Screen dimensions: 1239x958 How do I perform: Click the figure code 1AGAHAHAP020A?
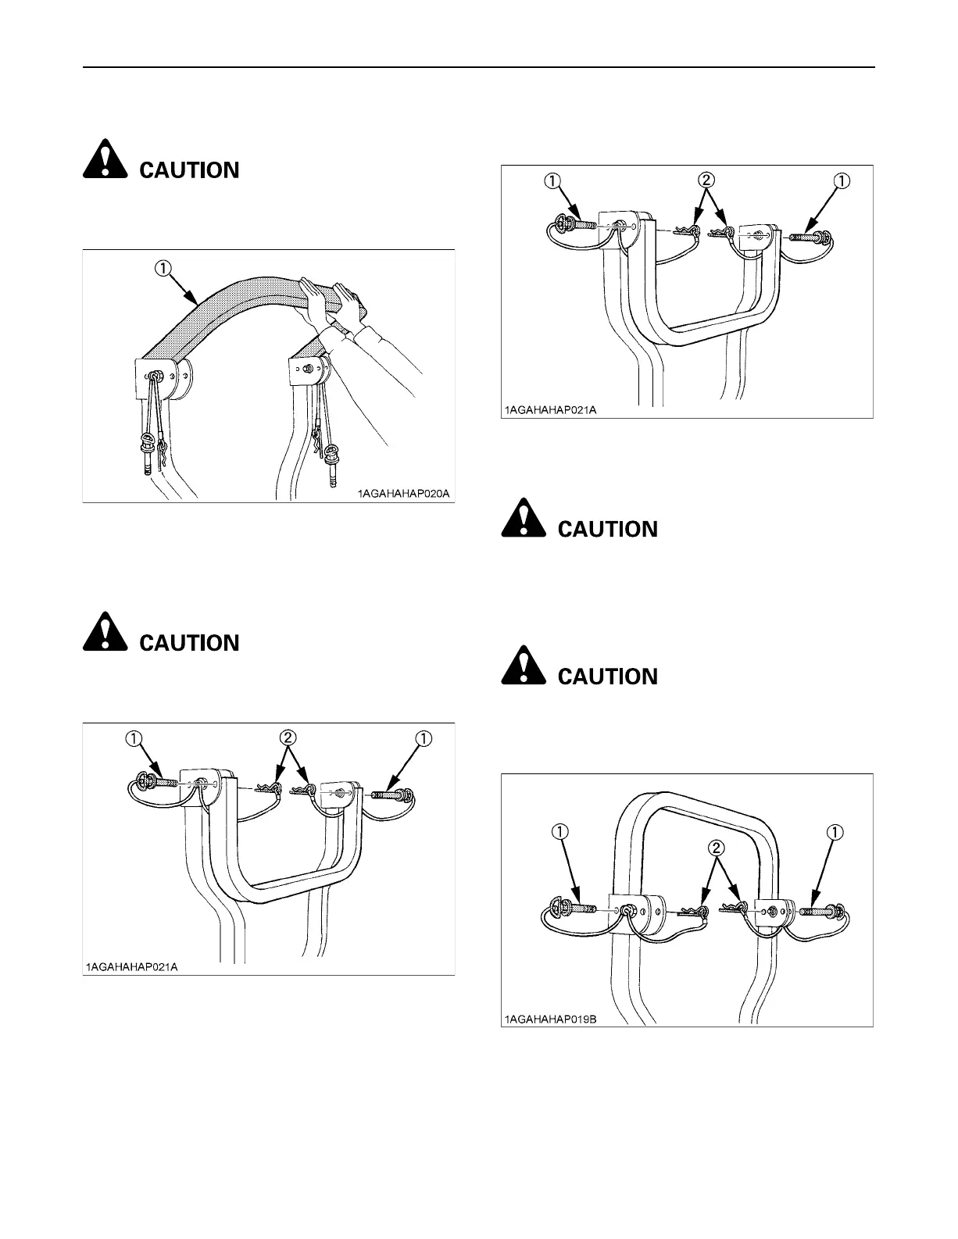(405, 494)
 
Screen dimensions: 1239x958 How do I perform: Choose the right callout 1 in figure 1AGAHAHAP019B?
(835, 832)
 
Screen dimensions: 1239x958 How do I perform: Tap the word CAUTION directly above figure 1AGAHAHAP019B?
(608, 677)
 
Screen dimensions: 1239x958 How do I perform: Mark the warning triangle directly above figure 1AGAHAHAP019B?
(523, 668)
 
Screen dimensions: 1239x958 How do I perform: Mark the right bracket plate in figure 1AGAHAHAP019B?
(770, 911)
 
